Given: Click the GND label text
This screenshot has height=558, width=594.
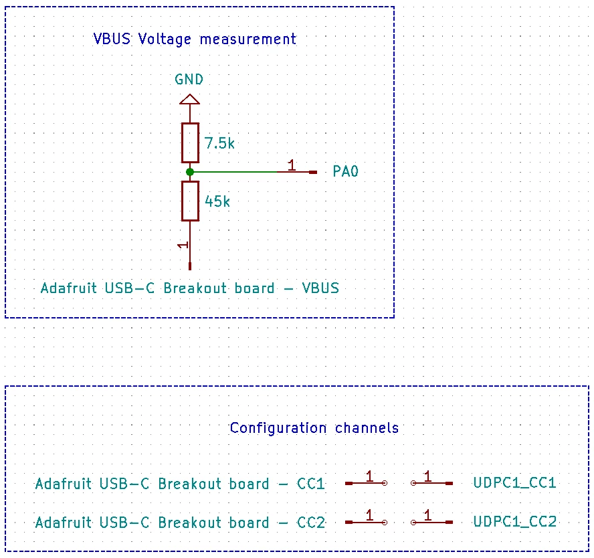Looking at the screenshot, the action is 189,80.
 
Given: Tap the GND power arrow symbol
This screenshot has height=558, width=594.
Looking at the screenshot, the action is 189,99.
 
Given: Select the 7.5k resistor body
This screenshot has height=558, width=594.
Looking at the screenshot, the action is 190,143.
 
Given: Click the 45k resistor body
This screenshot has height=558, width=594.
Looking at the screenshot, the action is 190,201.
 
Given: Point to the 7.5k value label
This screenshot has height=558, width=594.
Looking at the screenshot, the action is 219,143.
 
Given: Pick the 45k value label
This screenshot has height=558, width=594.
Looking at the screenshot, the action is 217,201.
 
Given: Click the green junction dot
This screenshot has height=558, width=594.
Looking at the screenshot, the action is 190,172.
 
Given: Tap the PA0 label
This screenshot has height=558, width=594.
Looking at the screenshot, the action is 345,171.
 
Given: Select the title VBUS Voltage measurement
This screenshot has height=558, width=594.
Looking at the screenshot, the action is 195,39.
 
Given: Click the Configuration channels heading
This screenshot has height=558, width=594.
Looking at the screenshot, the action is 314,428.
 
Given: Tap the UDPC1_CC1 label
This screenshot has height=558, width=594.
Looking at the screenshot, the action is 514,483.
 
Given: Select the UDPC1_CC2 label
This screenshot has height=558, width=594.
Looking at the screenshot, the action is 515,522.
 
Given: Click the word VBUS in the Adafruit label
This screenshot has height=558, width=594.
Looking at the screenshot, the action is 320,288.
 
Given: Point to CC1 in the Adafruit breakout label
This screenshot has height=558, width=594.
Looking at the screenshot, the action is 310,484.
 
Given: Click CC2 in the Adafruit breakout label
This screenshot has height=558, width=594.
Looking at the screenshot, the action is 311,523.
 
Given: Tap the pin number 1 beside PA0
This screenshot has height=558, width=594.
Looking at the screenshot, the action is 292,165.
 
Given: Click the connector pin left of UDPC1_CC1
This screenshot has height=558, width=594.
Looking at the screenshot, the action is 432,483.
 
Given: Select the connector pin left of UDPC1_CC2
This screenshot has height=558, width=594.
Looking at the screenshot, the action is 432,523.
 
